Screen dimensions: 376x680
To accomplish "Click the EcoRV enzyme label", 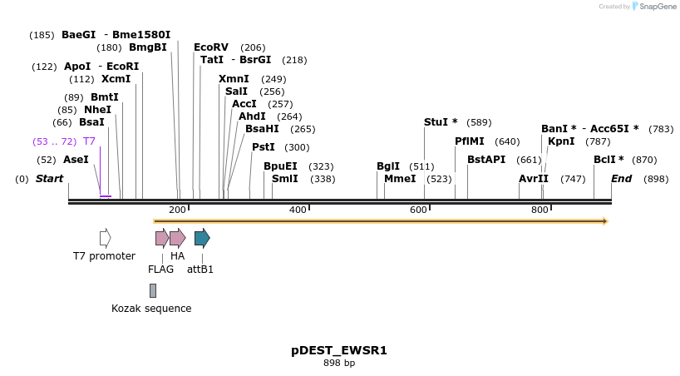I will (x=210, y=47).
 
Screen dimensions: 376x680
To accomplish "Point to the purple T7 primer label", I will (x=89, y=141).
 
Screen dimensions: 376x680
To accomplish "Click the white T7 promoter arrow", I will (x=105, y=239).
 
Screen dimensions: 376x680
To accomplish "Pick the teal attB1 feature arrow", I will (x=201, y=239).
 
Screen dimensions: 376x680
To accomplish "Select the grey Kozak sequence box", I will (x=153, y=290).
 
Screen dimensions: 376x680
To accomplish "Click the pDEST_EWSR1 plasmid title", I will (x=339, y=350).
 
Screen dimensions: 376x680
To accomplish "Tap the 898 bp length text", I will (x=339, y=364).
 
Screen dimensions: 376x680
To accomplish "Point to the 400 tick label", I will (x=298, y=210).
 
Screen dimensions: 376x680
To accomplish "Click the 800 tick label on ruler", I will (x=540, y=210).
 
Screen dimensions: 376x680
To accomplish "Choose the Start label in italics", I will (x=49, y=179).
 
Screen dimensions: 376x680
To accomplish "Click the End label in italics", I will (x=621, y=179).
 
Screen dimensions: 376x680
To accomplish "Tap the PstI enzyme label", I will (x=263, y=147).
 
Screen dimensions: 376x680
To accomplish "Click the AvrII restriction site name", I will (x=534, y=179).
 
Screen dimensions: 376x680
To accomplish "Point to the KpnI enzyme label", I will (x=561, y=141).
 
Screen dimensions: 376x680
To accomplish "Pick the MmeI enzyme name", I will (x=400, y=179).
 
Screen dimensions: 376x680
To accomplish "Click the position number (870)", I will (x=644, y=160).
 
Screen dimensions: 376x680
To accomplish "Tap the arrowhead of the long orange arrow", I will (x=605, y=221).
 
